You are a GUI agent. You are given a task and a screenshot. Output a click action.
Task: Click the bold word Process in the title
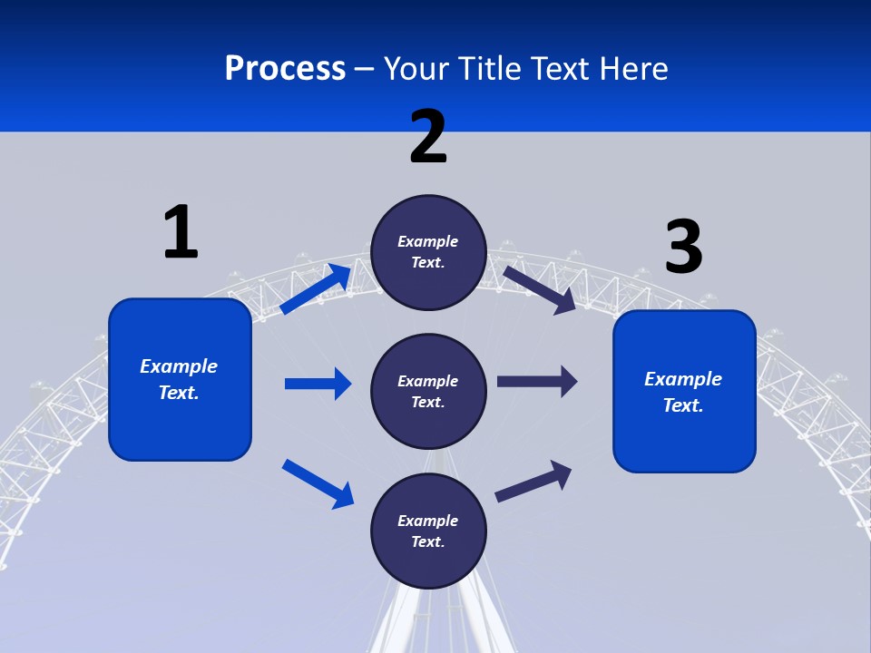(285, 69)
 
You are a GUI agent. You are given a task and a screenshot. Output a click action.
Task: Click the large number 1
(181, 232)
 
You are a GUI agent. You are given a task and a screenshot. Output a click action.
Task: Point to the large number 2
(428, 137)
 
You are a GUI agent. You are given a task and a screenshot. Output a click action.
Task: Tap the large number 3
(683, 247)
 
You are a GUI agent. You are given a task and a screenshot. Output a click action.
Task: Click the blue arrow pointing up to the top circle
(316, 289)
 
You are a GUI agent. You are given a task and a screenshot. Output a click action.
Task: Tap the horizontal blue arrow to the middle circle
(318, 384)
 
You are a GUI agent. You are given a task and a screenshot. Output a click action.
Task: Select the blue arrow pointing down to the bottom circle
(318, 483)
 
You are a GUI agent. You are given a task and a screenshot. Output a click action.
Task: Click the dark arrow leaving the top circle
(540, 290)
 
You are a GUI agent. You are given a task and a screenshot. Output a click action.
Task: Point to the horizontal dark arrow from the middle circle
(537, 382)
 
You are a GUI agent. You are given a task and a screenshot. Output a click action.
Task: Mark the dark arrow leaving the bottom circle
(533, 481)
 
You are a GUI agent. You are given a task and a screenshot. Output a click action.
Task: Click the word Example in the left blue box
(179, 366)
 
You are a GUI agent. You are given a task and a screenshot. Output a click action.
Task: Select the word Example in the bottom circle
(427, 521)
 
